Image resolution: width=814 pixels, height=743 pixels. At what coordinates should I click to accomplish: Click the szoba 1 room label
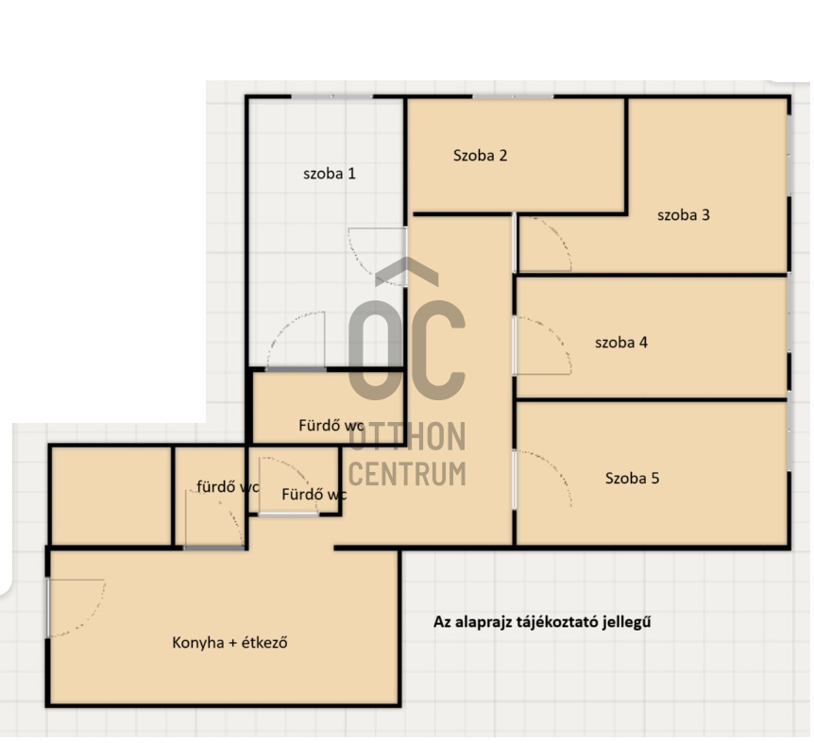(330, 174)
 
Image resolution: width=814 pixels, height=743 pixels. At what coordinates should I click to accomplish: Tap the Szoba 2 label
(481, 155)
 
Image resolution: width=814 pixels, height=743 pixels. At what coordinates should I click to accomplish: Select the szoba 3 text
(683, 215)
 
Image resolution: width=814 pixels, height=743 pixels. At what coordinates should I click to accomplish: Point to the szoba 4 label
(620, 343)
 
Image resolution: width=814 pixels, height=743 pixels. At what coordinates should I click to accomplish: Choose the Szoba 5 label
(633, 478)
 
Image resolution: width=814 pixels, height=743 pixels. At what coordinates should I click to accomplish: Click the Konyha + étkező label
(230, 643)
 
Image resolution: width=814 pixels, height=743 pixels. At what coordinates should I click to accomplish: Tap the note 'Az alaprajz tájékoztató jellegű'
(542, 621)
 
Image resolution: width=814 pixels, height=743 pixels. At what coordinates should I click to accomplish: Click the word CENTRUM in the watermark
(407, 474)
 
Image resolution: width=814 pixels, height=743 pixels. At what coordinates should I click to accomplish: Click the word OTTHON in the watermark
(407, 436)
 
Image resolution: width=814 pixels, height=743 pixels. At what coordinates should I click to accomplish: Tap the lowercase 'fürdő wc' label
(228, 487)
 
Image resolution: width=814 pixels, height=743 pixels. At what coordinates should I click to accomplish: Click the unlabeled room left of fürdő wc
(111, 496)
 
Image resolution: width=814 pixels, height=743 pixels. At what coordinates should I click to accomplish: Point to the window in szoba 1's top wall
(332, 97)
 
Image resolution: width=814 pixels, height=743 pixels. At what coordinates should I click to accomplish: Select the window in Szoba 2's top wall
(513, 97)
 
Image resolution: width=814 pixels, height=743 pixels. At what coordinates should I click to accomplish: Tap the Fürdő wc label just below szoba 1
(331, 426)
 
